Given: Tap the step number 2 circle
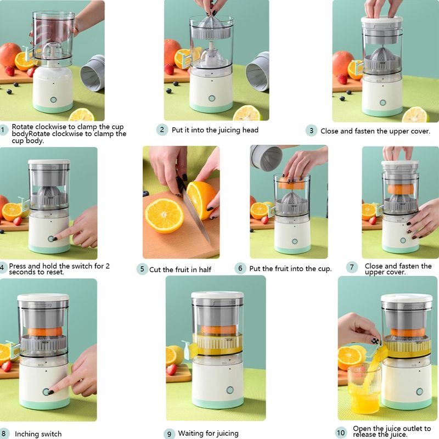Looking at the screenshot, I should click(x=161, y=130).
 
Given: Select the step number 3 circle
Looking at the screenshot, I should click(x=311, y=131).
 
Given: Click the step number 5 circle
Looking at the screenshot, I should click(x=142, y=269).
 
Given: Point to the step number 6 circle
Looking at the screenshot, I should click(x=240, y=268).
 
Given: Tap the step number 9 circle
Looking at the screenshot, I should click(x=170, y=434).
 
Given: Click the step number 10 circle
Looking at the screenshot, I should click(x=341, y=432).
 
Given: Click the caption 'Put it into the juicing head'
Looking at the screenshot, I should click(x=215, y=130).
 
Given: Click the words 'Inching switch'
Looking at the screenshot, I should click(x=38, y=434).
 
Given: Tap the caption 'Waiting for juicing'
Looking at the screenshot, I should click(x=208, y=434).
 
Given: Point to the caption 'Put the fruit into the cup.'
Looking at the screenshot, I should click(x=290, y=269).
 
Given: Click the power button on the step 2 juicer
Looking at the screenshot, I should click(x=212, y=98).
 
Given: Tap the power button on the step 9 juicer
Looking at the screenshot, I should click(x=229, y=390).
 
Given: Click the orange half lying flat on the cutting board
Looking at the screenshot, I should click(x=164, y=216).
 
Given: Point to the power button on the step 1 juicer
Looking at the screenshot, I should click(x=53, y=100).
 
